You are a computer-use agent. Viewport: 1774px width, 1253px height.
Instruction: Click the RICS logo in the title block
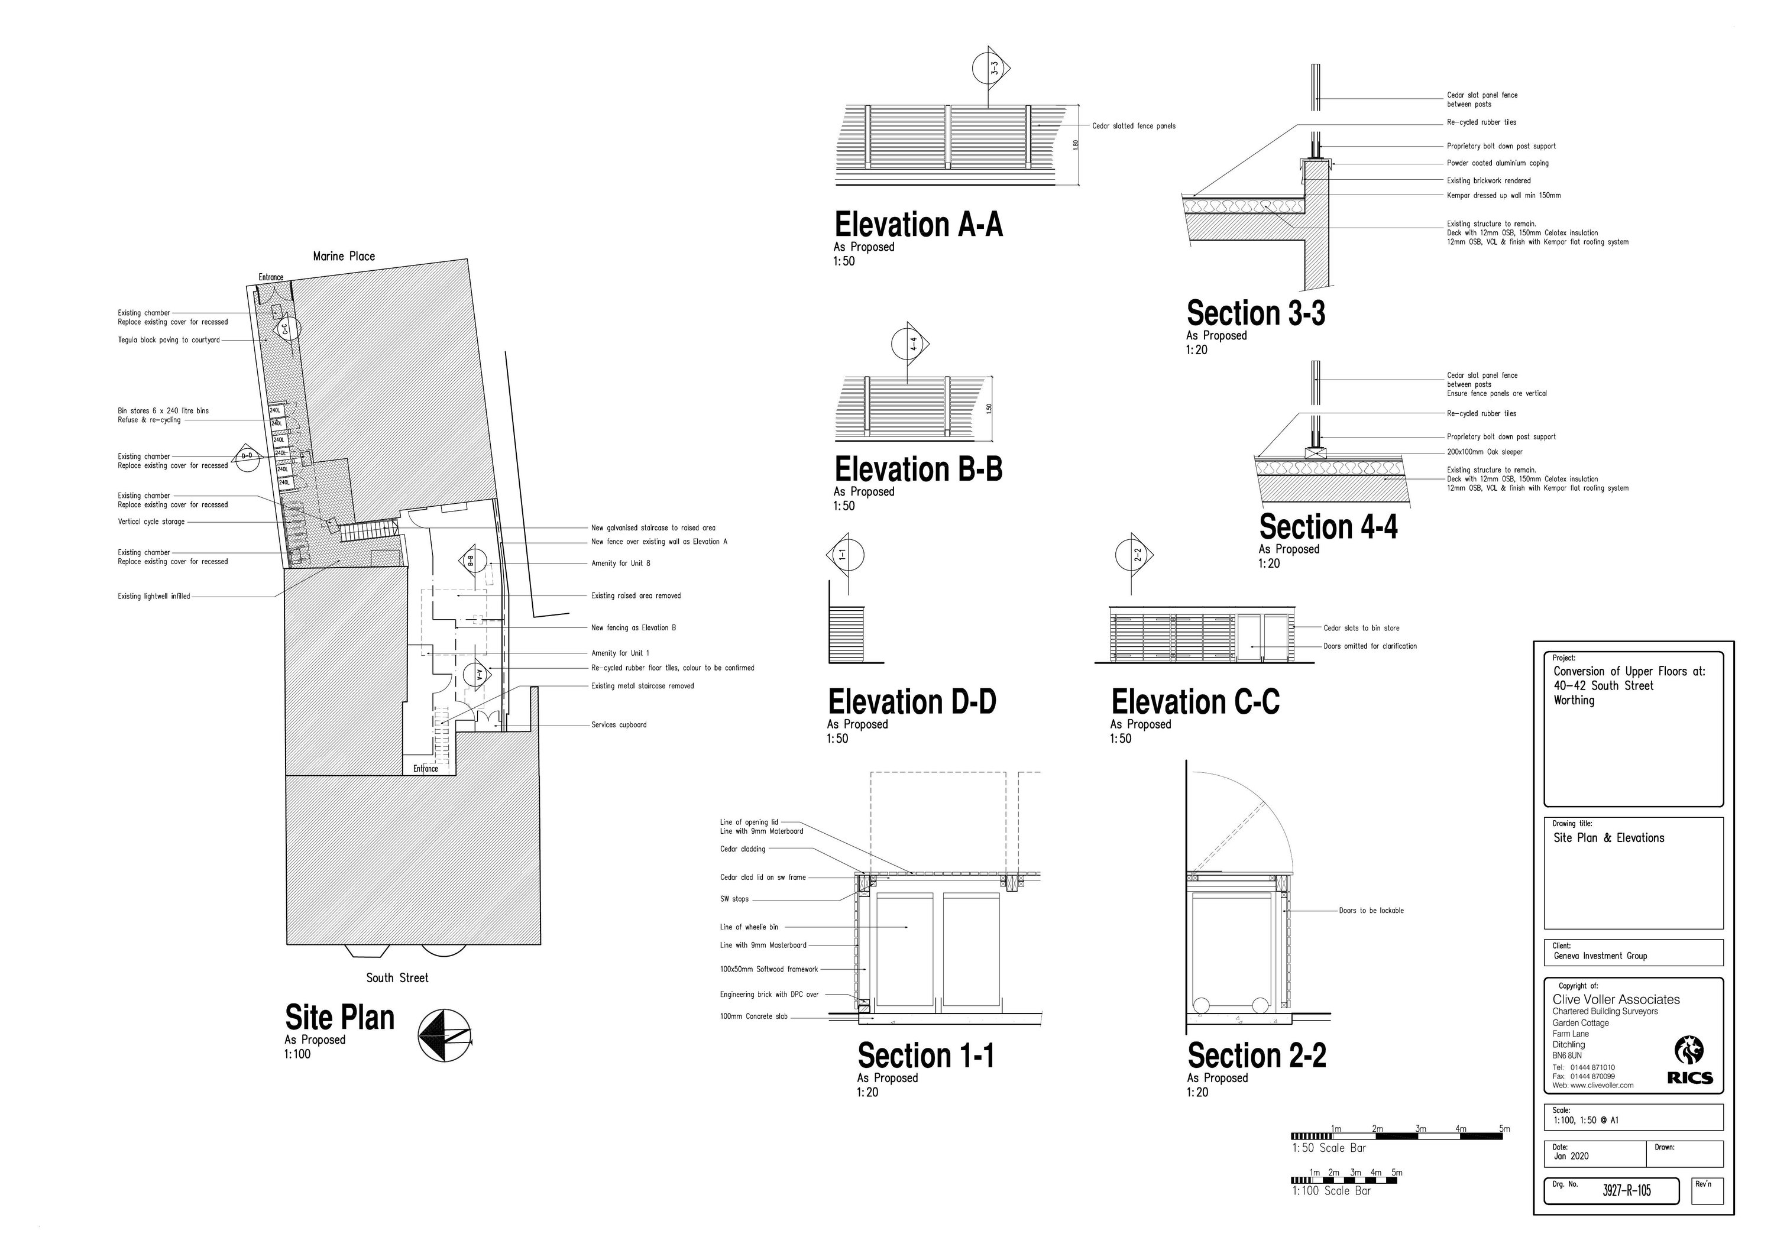tap(1691, 1062)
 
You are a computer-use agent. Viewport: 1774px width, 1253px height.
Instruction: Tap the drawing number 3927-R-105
tap(1626, 1190)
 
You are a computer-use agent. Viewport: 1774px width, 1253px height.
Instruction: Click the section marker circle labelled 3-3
tap(991, 69)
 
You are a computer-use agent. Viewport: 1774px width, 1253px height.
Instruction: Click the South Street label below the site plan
tap(397, 978)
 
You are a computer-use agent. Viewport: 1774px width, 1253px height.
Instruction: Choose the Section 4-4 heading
tap(1328, 527)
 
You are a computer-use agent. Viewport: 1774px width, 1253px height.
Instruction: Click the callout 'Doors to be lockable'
tap(1371, 911)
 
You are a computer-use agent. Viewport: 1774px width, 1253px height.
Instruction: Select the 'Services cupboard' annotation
tap(618, 724)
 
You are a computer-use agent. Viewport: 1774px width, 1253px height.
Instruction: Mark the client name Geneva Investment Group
tap(1600, 956)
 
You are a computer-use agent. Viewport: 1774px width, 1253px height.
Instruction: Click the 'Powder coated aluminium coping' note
tap(1497, 163)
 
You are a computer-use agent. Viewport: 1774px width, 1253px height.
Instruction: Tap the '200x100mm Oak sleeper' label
tap(1484, 452)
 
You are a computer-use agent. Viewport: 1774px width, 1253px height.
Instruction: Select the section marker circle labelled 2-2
tap(1134, 555)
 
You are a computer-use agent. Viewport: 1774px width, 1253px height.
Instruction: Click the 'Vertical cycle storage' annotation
tap(151, 522)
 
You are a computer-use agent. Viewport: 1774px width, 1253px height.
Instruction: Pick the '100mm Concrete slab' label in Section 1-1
tap(753, 1016)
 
